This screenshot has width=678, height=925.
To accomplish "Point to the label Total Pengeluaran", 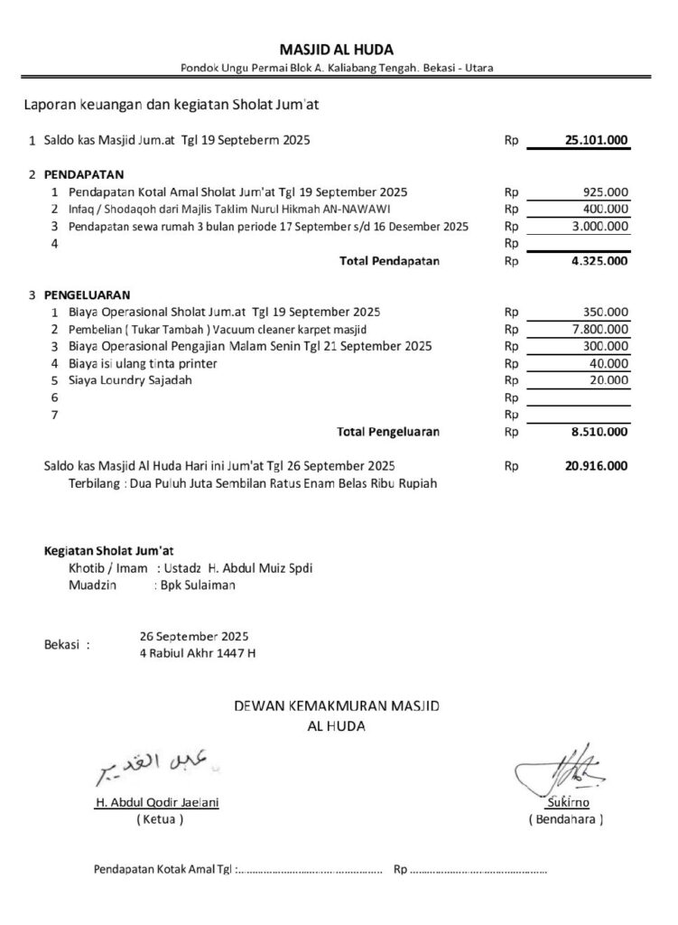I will (x=388, y=433).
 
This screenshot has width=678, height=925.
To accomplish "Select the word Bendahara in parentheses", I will (x=566, y=820).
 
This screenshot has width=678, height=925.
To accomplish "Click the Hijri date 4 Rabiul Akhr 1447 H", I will (x=198, y=652).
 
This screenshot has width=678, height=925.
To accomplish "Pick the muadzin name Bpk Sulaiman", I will (x=198, y=585).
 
